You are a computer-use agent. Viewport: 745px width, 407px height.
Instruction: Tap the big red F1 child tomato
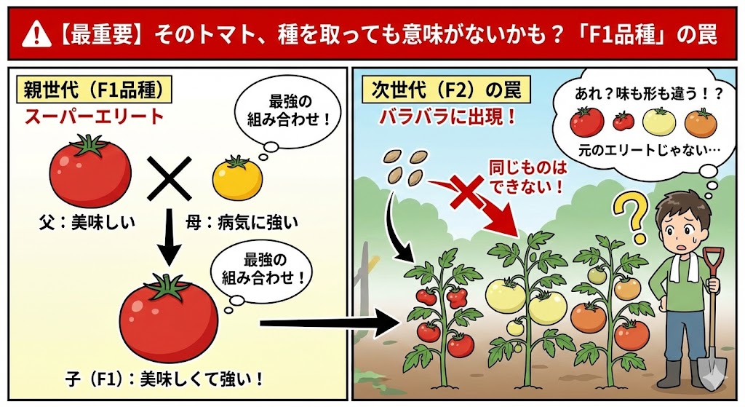pyautogui.click(x=168, y=318)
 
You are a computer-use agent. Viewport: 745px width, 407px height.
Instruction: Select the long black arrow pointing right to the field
pyautogui.click(x=320, y=321)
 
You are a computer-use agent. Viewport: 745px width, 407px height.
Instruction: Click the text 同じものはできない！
pyautogui.click(x=525, y=178)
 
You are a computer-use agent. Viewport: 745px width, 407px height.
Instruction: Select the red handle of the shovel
pyautogui.click(x=712, y=261)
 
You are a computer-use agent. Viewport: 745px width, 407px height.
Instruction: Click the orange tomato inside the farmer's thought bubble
pyautogui.click(x=700, y=123)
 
